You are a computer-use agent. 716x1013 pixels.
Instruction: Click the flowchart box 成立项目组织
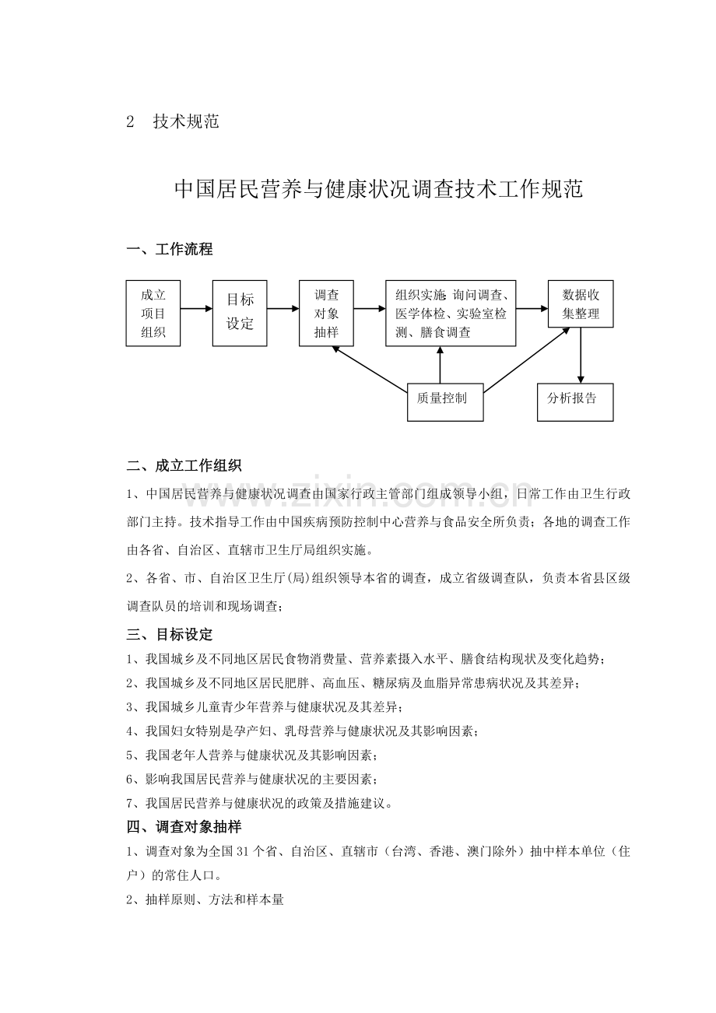(153, 314)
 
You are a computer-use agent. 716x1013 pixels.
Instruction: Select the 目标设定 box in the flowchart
(240, 314)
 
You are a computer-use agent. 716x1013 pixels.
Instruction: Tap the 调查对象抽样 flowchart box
(326, 314)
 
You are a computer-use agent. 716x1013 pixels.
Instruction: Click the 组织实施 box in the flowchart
(451, 314)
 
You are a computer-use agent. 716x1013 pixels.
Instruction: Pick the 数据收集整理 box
(581, 305)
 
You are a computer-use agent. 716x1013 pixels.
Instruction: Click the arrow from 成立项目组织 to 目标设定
(196, 309)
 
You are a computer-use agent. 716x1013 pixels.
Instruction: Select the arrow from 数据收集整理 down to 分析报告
(581, 356)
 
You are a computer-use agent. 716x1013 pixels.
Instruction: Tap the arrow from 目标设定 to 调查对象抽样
(283, 309)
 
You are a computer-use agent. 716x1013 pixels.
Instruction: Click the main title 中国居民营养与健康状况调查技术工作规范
(378, 190)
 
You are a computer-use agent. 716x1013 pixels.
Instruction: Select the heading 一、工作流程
(170, 250)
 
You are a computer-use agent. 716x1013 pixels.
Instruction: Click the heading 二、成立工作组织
(184, 466)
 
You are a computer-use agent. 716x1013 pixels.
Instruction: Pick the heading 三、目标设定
(170, 635)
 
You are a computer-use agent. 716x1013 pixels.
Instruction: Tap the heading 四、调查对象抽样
(184, 827)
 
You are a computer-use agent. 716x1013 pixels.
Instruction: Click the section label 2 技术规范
(173, 122)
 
